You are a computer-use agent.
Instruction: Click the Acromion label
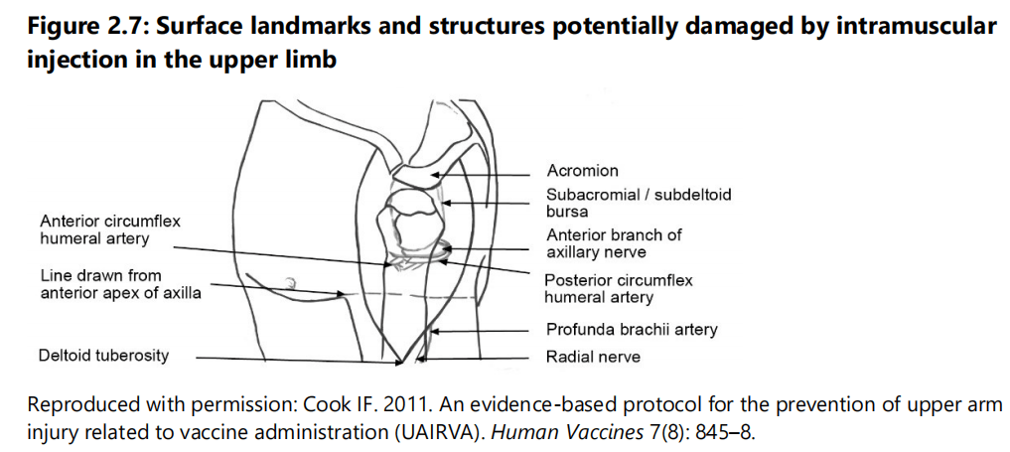[582, 171]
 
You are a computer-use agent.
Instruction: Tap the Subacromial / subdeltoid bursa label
[639, 203]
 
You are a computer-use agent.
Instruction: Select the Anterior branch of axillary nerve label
[614, 242]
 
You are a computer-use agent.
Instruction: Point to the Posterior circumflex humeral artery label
[619, 289]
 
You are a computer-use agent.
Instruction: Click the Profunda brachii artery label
[632, 330]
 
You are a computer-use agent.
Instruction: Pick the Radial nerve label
[593, 356]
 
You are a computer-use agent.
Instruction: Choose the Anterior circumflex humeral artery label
[110, 229]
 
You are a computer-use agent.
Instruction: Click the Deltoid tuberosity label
[103, 356]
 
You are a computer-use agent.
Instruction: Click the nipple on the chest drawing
[291, 281]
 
